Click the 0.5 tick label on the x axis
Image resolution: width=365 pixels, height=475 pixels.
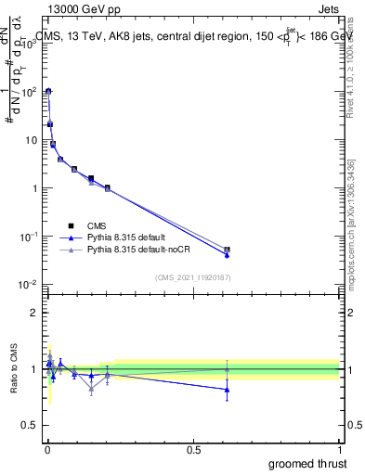193,450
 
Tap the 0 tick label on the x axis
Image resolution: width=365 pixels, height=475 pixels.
47,450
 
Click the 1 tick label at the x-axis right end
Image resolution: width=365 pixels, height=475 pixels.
340,450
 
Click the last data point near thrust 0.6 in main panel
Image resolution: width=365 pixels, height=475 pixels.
228,250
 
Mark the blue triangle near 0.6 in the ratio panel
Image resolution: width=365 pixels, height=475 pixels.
228,390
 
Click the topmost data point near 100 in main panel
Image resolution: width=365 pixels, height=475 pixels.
48,91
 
